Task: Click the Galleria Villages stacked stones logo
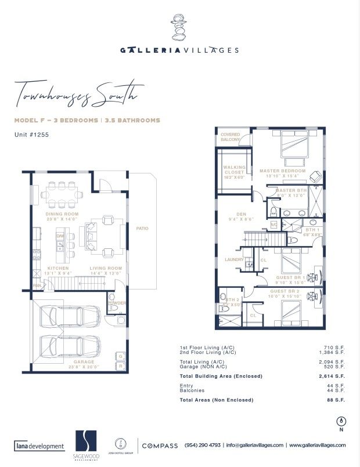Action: [179, 27]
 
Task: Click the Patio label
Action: [142, 229]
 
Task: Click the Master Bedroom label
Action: [282, 171]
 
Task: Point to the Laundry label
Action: [234, 259]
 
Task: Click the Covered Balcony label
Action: [230, 137]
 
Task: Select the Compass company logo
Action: [160, 445]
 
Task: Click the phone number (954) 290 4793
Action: [202, 445]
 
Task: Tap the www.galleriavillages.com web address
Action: [317, 445]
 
